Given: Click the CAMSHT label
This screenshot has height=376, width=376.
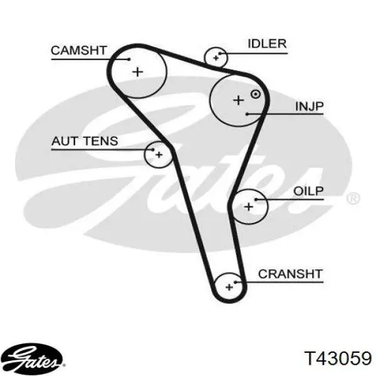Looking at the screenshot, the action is click(79, 51).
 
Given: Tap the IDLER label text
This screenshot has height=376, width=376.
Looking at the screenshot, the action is click(267, 44).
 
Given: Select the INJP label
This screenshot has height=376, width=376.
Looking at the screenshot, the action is click(310, 107).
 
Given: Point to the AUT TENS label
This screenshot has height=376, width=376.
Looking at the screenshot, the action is click(85, 141).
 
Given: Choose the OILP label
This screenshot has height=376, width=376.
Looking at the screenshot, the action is click(308, 191).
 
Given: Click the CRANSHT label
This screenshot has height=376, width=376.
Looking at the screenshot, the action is click(290, 274).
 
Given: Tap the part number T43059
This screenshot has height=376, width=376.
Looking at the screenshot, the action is click(338, 358).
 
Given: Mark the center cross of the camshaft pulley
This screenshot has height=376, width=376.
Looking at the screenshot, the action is click(138, 71).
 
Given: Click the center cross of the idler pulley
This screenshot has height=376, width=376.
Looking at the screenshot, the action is click(216, 58).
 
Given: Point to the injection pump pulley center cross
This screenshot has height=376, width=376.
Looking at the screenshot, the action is click(239, 100).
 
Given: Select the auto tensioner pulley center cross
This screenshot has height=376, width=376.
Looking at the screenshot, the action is click(159, 155).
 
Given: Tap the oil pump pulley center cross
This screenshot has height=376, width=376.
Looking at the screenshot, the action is click(249, 206).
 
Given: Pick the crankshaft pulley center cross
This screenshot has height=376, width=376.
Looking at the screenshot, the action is click(229, 287).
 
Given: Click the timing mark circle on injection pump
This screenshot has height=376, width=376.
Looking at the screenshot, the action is click(256, 94).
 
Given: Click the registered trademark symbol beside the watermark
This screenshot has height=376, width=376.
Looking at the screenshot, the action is click(353, 198).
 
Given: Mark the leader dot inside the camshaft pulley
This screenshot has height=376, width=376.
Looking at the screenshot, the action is click(130, 60).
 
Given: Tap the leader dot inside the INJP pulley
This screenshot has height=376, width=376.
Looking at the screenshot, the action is click(248, 114).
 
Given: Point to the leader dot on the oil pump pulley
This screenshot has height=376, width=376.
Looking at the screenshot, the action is click(256, 199).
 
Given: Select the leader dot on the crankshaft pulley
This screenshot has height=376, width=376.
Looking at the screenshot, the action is click(236, 282).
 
